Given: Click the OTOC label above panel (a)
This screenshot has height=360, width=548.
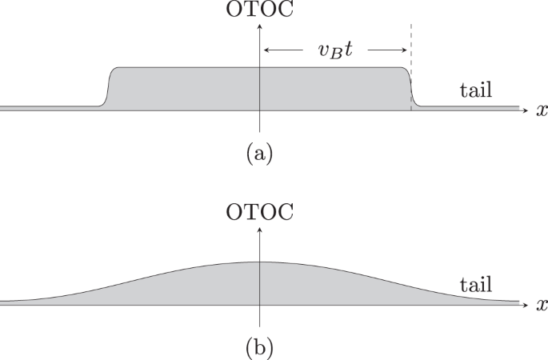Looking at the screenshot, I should (260, 10).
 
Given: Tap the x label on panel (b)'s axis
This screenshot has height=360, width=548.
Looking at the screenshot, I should (542, 305).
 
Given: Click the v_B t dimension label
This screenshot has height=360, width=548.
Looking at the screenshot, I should (334, 51).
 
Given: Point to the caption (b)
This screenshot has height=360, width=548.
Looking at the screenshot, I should (258, 347).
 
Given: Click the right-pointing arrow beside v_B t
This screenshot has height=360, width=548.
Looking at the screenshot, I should (386, 50).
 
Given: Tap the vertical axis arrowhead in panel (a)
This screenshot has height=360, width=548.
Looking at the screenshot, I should (260, 26).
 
